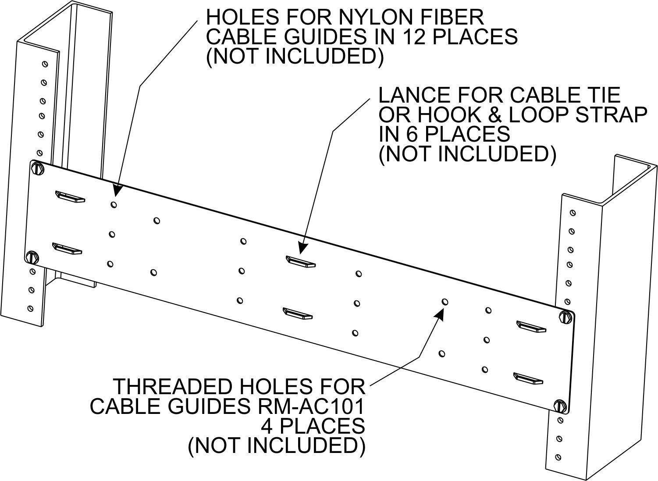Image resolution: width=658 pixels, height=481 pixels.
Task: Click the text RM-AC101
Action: coord(312,406)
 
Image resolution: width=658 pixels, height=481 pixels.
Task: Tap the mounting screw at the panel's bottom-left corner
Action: coord(32,257)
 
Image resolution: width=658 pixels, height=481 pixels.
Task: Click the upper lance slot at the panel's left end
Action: coord(70,197)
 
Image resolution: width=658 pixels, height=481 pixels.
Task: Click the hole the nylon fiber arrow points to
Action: coord(114,204)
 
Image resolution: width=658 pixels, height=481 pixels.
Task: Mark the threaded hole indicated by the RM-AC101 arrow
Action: coord(445,302)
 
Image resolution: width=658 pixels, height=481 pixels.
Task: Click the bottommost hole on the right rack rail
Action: coord(557,456)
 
